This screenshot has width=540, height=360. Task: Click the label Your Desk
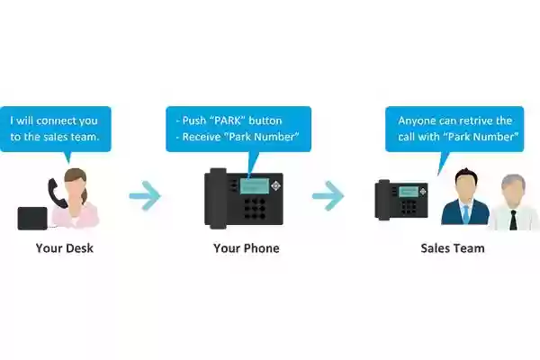point(65,248)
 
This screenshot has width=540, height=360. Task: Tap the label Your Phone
point(247,248)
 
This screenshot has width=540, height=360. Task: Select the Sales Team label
point(453,248)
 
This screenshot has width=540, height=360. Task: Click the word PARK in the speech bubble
point(228,121)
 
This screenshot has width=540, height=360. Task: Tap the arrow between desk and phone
point(145,195)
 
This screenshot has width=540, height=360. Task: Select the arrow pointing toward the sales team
point(328,195)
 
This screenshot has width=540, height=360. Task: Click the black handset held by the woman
point(57,193)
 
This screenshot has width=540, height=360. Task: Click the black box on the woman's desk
point(32,219)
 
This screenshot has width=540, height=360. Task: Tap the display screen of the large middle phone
point(255,186)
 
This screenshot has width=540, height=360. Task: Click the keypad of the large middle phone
point(255,209)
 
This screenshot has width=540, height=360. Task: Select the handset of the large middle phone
point(218,198)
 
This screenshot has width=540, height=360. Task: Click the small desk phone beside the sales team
point(401,200)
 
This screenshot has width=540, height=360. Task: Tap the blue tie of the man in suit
point(466,214)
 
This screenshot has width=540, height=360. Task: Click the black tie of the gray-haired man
point(513,220)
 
